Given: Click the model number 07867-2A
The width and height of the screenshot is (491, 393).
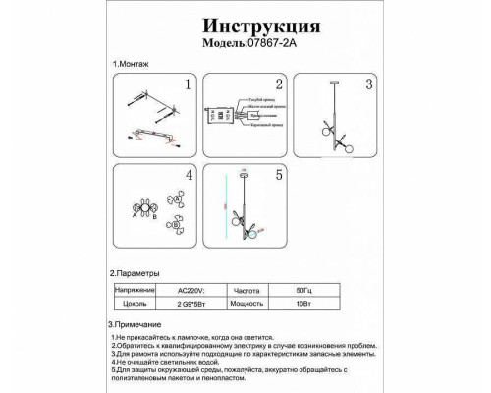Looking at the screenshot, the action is coord(270,44).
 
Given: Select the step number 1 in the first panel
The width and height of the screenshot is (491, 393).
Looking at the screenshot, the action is coord(187,85).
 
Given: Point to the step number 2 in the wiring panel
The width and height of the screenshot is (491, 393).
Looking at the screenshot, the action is coord(278,85).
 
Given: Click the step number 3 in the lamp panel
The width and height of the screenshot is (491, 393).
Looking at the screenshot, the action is coord(369,85).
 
